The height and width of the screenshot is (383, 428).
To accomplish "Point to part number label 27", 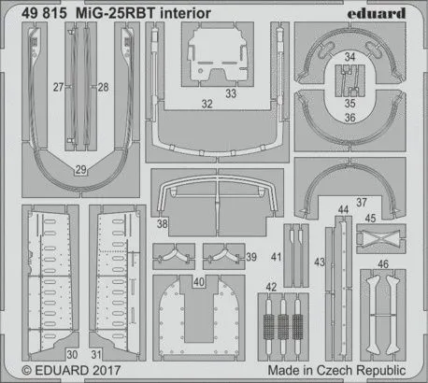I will (58, 87).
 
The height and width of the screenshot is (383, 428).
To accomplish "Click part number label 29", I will (81, 169).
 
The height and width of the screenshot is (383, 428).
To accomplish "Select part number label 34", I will (348, 58).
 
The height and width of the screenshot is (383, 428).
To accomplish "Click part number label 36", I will (348, 117).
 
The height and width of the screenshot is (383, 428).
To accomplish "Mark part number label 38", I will (163, 225).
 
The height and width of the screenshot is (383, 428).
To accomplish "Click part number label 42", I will (270, 287).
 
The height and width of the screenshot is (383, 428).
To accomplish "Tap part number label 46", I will (382, 264).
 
